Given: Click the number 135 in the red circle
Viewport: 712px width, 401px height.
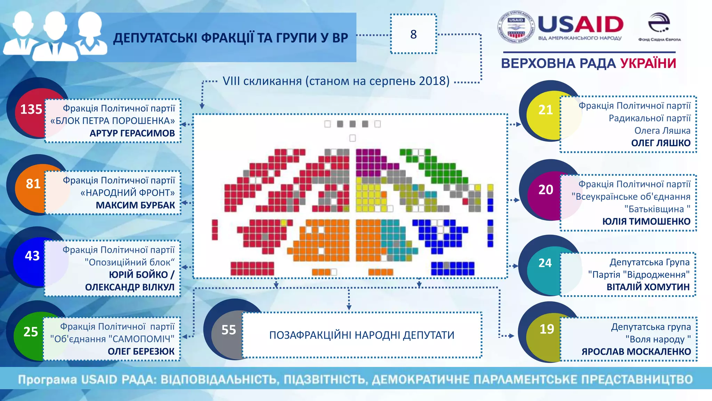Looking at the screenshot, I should (x=31, y=109).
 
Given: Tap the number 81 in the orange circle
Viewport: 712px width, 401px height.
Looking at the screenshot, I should (x=33, y=183).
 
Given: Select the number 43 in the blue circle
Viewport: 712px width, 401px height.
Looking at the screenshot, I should (x=32, y=256).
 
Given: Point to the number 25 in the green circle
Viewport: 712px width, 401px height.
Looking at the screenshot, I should (x=31, y=331).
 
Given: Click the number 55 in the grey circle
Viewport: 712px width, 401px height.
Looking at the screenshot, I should (x=229, y=330).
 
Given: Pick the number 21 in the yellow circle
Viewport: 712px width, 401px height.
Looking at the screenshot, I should (x=545, y=110).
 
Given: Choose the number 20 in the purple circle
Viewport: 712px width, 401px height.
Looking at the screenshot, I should (x=546, y=190).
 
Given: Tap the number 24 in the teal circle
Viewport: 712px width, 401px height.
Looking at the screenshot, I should (x=545, y=263).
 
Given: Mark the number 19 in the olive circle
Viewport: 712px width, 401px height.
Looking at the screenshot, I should (x=547, y=329).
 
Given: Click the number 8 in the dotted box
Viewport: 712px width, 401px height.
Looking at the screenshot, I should (x=413, y=34).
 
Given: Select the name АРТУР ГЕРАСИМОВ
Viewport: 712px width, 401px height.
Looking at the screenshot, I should (x=132, y=133).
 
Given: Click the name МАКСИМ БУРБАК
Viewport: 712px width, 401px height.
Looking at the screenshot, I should (x=135, y=205).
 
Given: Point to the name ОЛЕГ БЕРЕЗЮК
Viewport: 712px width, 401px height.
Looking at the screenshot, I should (x=141, y=352).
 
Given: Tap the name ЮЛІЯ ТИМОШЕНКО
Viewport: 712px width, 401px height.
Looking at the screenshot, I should (x=646, y=221).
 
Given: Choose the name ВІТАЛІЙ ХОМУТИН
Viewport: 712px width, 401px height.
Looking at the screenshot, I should (x=648, y=287).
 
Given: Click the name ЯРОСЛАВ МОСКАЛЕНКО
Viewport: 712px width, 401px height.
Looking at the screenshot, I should (x=636, y=352).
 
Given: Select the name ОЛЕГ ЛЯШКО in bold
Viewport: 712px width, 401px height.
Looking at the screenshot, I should (x=661, y=143).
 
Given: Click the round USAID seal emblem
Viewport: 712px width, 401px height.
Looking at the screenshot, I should (x=516, y=27).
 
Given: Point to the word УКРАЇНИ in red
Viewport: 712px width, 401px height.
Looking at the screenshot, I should (x=648, y=64).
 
